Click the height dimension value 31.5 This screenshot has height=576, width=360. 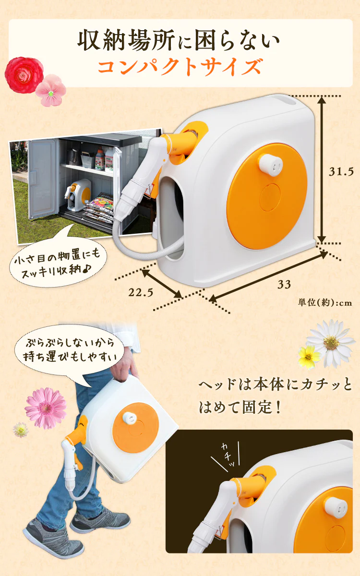(x=342, y=171)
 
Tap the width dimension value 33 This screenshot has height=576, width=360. (x=284, y=284)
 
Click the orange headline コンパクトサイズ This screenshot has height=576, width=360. (x=180, y=67)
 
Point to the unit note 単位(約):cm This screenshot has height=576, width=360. (x=324, y=303)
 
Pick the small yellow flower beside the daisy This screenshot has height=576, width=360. (x=308, y=356)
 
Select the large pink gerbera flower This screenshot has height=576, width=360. (x=46, y=408)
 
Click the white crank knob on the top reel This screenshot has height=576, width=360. (x=270, y=165)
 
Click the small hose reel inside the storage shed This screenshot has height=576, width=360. (x=78, y=195)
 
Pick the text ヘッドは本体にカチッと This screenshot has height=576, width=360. (x=275, y=386)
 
